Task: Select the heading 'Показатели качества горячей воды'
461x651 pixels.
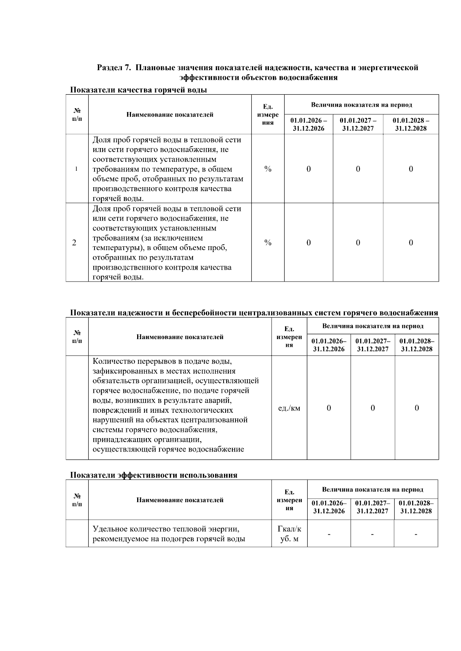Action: [x=138, y=90]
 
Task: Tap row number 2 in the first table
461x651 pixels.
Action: [x=74, y=242]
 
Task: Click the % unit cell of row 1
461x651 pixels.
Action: [x=268, y=169]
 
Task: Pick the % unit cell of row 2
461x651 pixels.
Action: [x=268, y=242]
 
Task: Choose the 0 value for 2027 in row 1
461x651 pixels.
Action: [x=358, y=169]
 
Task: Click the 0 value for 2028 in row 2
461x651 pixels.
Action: [x=411, y=242]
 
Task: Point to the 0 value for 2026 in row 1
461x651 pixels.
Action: [x=308, y=169]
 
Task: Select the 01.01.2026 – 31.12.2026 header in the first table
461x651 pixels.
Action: [x=308, y=124]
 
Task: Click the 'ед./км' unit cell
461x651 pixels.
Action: [x=289, y=408]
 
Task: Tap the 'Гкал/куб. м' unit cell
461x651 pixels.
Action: [x=289, y=534]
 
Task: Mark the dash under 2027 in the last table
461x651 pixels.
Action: [x=372, y=534]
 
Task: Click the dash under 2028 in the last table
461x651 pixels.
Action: [x=416, y=534]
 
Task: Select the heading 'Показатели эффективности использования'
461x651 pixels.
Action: [x=153, y=475]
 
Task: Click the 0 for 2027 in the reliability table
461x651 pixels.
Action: [x=373, y=408]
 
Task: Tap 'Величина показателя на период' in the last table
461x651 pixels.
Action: [x=373, y=489]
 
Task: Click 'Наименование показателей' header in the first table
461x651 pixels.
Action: [x=170, y=114]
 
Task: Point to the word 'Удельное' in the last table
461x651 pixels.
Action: [x=109, y=529]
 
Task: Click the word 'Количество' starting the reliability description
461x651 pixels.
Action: [x=113, y=361]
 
